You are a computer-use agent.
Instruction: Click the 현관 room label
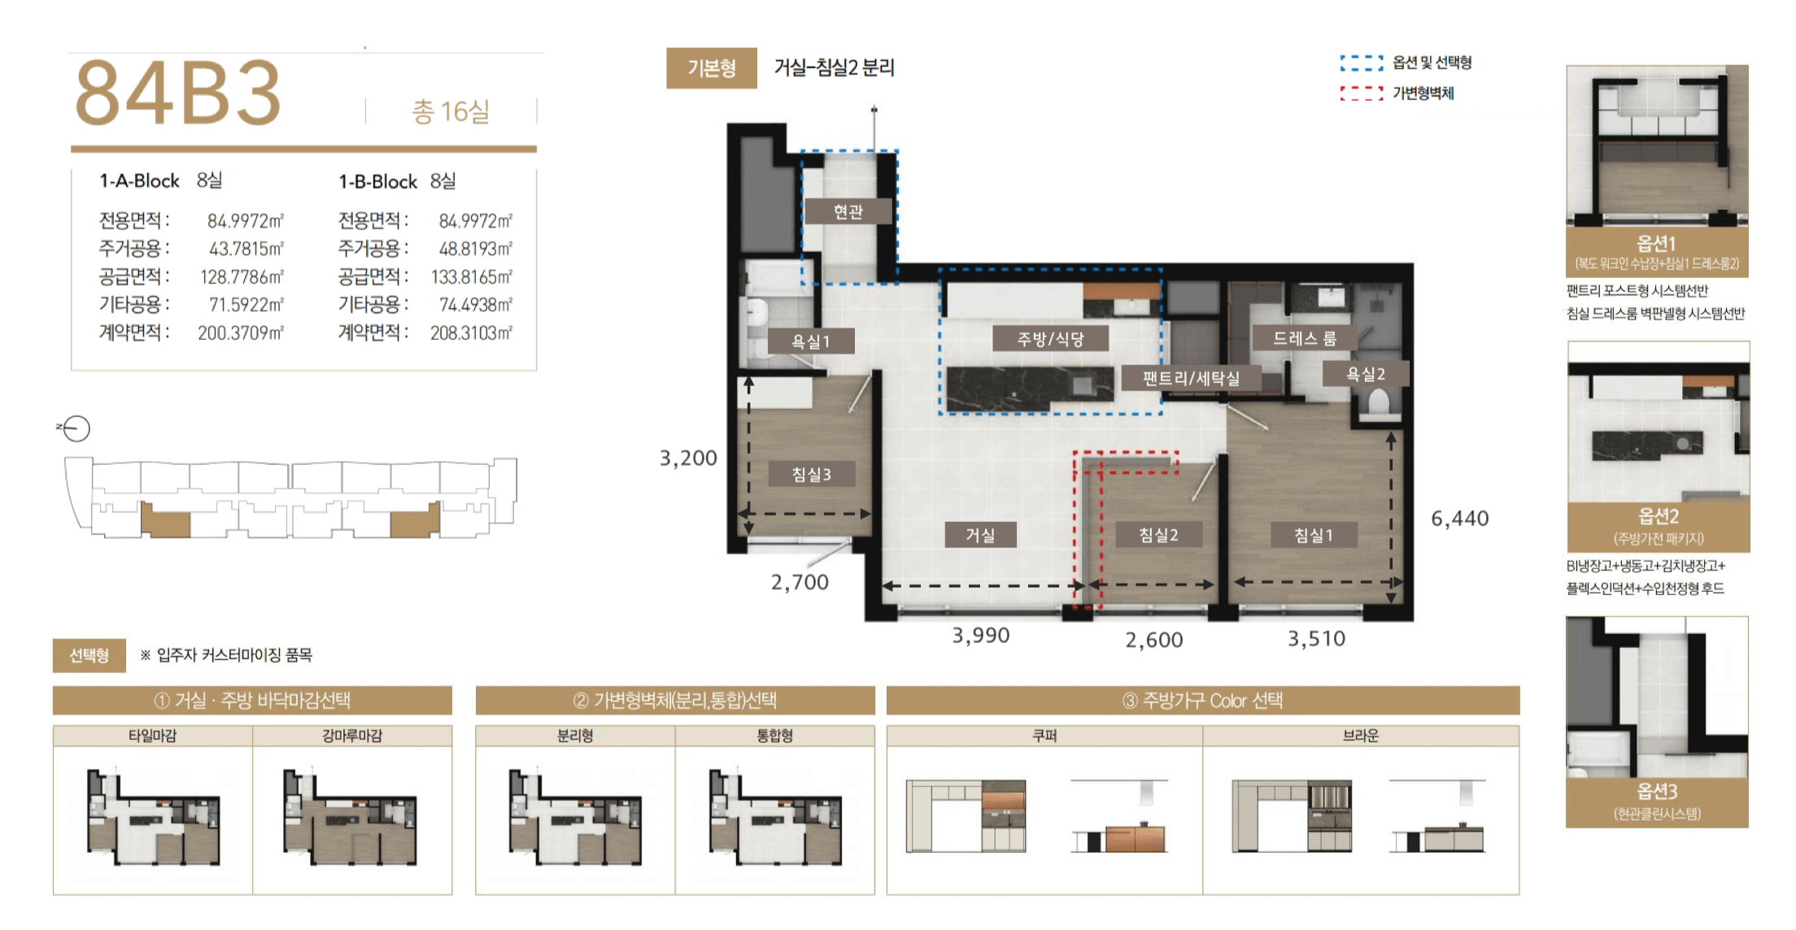848,211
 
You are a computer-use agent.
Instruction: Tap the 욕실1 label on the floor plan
811,341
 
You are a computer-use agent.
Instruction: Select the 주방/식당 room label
1051,338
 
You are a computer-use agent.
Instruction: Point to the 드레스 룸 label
1304,337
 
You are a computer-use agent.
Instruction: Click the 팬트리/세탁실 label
1191,378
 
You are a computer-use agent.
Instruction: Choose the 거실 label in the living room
980,535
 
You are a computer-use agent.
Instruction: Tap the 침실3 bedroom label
812,474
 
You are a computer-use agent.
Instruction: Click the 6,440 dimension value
1460,519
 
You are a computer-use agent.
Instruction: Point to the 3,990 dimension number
981,636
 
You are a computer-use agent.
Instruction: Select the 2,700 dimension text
800,582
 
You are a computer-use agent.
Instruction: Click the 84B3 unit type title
178,93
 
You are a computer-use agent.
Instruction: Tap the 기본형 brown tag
712,67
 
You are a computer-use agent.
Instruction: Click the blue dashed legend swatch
1362,63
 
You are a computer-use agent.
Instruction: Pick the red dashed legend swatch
1362,93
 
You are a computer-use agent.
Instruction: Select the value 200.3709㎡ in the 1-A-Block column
241,332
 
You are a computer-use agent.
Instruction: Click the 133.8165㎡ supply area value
472,277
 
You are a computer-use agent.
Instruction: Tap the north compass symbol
76,428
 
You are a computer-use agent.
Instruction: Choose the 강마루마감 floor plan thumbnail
351,817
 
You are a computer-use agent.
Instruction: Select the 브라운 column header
1361,736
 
